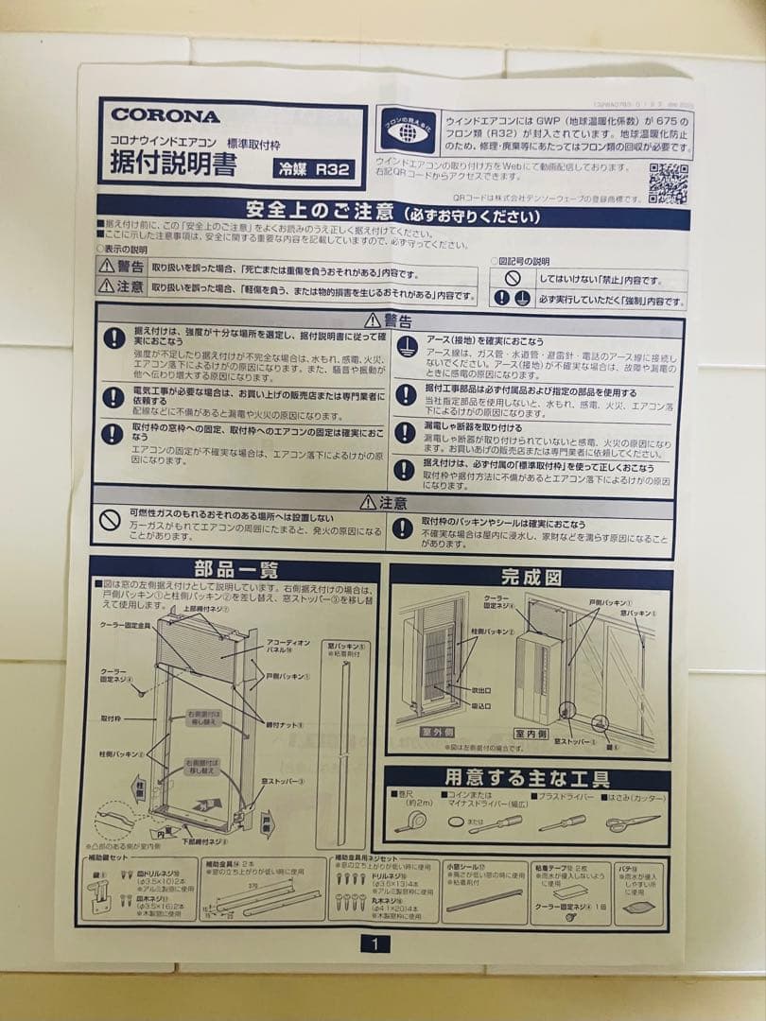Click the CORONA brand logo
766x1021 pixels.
point(165,115)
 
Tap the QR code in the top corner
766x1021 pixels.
point(668,182)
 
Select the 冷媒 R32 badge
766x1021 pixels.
point(314,169)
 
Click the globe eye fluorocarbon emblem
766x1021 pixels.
point(408,131)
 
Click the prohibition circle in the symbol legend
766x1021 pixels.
point(512,279)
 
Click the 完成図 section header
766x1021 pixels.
point(531,576)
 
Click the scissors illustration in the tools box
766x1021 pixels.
point(632,822)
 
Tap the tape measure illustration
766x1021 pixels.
point(410,821)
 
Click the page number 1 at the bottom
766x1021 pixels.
point(374,943)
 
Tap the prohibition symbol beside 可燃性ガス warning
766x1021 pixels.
point(112,519)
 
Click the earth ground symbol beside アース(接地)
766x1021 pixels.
point(406,345)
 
